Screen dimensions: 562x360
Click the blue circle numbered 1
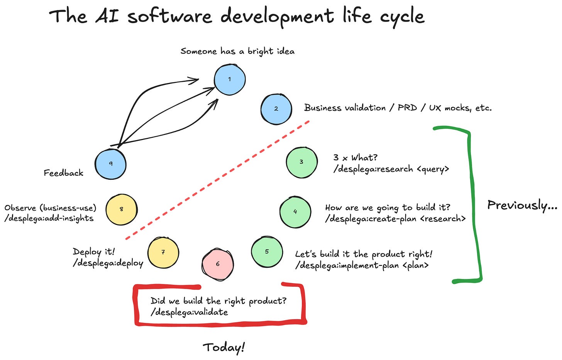coord(230,79)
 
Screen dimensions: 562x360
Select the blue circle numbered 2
coord(276,109)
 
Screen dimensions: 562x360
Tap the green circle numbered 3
coord(301,162)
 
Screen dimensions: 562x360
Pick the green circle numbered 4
coord(295,212)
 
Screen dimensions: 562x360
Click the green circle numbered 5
coord(267,252)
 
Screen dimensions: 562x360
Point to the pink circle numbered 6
coord(218,264)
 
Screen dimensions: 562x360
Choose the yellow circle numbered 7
coord(163,252)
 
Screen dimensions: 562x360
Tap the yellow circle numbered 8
coord(121,209)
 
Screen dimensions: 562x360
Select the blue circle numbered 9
coord(111,164)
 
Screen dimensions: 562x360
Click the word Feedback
coord(63,173)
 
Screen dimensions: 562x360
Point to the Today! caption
coord(224,347)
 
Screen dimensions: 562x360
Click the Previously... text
coord(522,205)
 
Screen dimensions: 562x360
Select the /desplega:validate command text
coord(189,312)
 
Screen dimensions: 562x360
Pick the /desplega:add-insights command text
coord(49,218)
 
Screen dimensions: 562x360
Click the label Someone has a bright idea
coord(237,51)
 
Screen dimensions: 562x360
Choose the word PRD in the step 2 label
coord(407,108)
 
